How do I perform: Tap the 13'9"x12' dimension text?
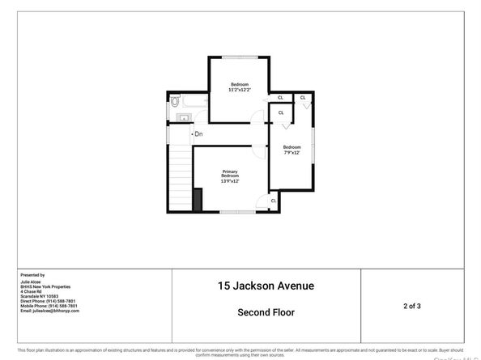pyautogui.click(x=230, y=181)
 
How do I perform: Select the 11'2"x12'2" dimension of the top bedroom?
pyautogui.click(x=240, y=91)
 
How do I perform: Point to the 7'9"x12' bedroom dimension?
pyautogui.click(x=292, y=153)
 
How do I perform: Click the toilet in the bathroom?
pyautogui.click(x=174, y=103)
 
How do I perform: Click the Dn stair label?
pyautogui.click(x=198, y=133)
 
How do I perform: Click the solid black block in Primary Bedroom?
pyautogui.click(x=198, y=199)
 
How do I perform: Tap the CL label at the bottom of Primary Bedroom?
pyautogui.click(x=274, y=201)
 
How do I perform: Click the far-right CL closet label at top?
pyautogui.click(x=303, y=98)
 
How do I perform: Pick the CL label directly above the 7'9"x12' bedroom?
pyautogui.click(x=281, y=112)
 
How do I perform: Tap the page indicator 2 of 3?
pyautogui.click(x=412, y=306)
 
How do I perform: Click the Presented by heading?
pyautogui.click(x=32, y=275)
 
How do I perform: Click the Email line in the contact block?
pyautogui.click(x=49, y=311)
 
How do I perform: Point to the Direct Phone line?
pyautogui.click(x=48, y=301)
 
